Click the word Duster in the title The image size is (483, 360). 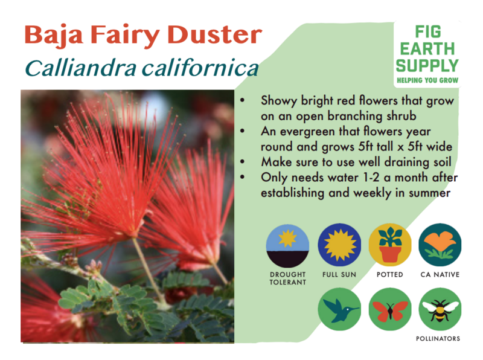[x=216, y=34]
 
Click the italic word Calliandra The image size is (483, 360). [x=81, y=68]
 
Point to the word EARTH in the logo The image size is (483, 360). [x=427, y=49]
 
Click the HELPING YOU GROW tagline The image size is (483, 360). [x=427, y=80]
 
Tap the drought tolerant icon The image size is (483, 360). [x=288, y=246]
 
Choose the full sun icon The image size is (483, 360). [x=339, y=245]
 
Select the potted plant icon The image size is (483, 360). [x=390, y=245]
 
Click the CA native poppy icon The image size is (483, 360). [x=440, y=245]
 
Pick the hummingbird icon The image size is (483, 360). [x=339, y=309]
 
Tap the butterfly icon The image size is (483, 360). [x=390, y=309]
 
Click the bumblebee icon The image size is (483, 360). [x=440, y=309]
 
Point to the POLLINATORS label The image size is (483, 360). [x=438, y=339]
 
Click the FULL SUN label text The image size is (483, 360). [x=339, y=275]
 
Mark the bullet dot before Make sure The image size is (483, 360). [x=243, y=161]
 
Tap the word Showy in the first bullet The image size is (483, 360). [x=279, y=101]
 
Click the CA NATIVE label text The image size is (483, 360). [x=440, y=275]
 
